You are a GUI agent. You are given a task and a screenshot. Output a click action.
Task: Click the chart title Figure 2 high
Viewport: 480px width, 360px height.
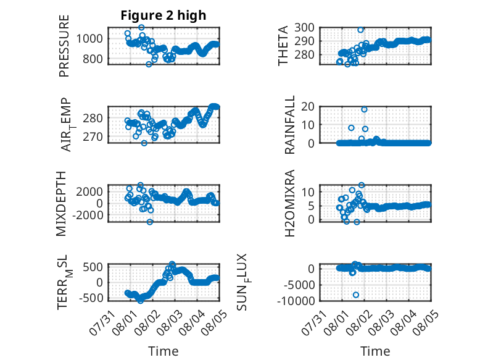(x=163, y=15)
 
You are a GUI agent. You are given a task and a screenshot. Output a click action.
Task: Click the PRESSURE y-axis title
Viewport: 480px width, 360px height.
(x=64, y=46)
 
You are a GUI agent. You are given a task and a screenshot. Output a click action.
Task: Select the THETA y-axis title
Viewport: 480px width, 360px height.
(x=283, y=46)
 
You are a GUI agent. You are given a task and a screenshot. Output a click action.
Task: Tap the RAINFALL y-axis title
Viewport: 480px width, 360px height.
(x=289, y=125)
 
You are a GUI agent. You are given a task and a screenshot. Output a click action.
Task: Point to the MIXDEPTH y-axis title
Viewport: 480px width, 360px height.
(x=61, y=204)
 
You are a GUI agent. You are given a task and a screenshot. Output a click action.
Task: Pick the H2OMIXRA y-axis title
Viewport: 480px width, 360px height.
(x=289, y=203)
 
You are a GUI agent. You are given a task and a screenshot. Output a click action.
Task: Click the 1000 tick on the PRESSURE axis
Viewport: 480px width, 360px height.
(x=89, y=39)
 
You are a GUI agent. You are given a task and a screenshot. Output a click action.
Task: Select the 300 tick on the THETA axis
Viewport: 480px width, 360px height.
(x=304, y=28)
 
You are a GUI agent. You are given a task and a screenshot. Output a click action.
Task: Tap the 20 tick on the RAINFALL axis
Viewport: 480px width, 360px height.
(x=308, y=107)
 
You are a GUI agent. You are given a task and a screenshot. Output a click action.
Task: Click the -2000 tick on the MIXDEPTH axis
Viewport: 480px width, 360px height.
(x=88, y=216)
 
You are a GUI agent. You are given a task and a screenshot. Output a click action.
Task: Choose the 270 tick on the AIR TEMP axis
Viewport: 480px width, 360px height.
(x=93, y=136)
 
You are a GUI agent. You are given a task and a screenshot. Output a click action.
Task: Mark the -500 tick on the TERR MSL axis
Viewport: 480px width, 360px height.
(x=91, y=298)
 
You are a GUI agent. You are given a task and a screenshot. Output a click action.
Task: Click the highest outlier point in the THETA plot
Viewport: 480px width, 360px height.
(x=360, y=30)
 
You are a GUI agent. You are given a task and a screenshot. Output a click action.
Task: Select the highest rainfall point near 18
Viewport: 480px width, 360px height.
(x=364, y=109)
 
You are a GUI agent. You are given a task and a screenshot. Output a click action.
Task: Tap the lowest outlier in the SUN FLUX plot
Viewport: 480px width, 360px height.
(x=356, y=295)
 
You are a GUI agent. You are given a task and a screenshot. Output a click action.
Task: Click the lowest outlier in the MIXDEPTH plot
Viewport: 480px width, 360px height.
(x=150, y=222)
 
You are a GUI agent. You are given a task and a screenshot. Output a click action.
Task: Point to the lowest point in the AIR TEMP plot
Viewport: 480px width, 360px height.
(x=144, y=143)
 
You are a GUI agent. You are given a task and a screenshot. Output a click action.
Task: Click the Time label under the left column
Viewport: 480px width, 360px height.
(x=163, y=351)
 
